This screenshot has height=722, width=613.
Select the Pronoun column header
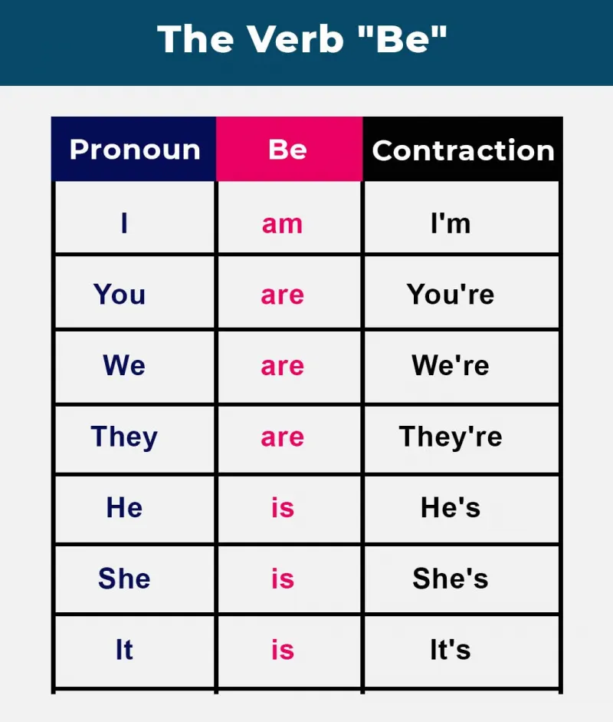click(135, 150)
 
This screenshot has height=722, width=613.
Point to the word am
click(282, 225)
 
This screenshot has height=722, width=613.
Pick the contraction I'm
click(451, 223)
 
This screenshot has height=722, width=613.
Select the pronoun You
click(120, 294)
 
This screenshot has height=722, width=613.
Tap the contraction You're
click(451, 294)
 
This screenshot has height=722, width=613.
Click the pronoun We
click(124, 365)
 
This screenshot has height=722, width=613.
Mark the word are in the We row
click(282, 367)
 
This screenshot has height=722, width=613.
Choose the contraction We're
click(451, 365)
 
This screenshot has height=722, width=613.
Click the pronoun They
click(124, 437)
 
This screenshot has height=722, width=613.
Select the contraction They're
click(451, 437)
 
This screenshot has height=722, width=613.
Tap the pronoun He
click(124, 507)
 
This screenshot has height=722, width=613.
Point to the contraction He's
click(451, 507)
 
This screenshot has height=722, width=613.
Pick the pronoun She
click(124, 579)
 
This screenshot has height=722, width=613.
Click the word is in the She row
click(282, 579)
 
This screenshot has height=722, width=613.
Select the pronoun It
click(124, 650)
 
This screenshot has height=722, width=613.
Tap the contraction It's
click(451, 650)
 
